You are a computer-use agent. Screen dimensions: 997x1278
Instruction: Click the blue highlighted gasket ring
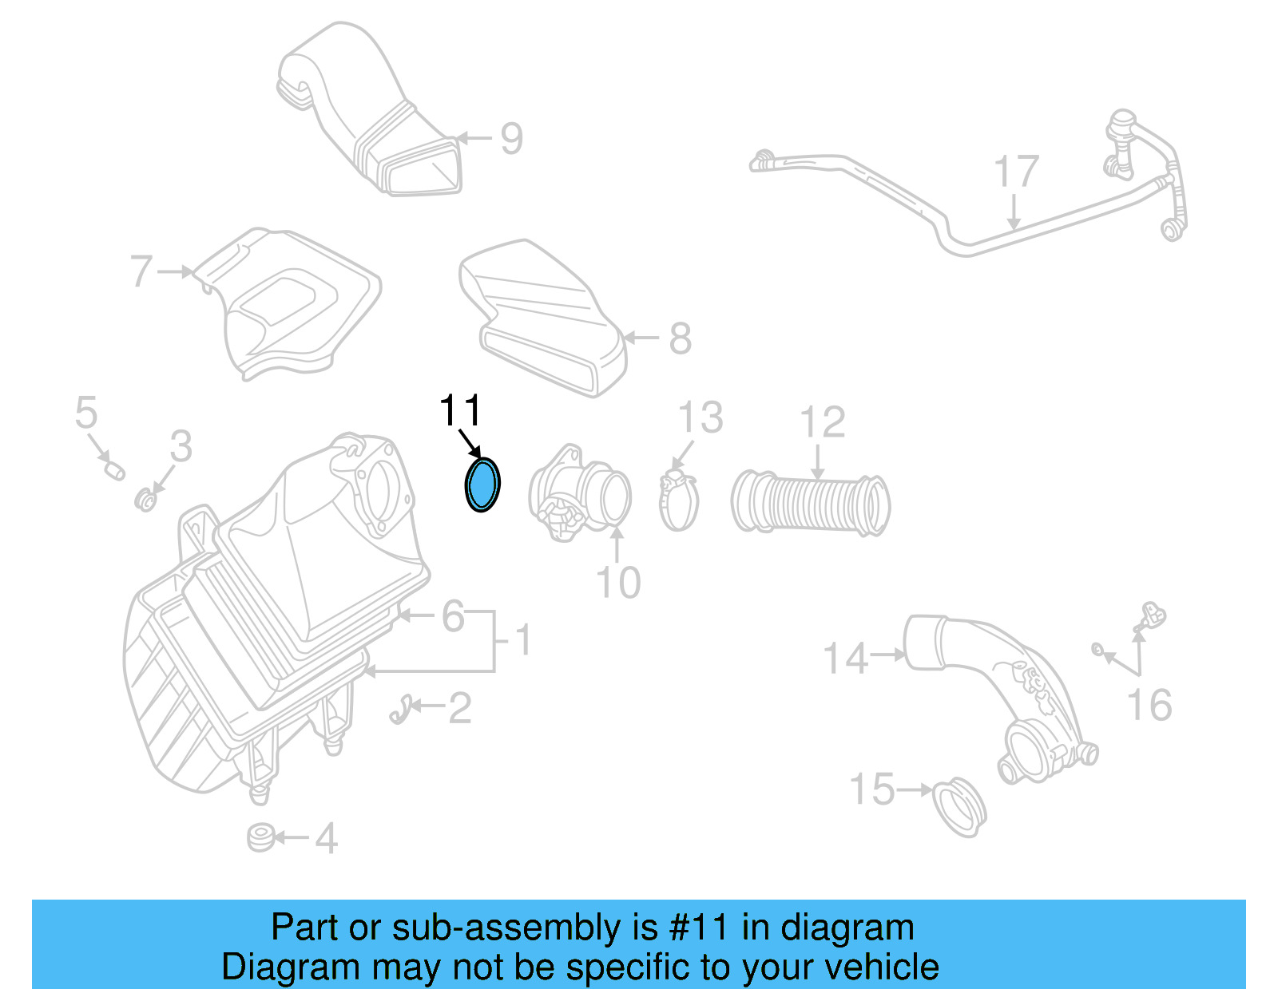482,485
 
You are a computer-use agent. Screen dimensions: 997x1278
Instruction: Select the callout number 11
460,411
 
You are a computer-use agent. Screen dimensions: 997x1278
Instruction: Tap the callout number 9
511,139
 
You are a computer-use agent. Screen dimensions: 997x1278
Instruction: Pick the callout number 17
1016,173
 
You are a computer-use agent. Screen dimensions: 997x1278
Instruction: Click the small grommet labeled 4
260,839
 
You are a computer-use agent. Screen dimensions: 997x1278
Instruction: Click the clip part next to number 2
401,709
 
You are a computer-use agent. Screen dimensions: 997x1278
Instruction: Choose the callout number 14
845,659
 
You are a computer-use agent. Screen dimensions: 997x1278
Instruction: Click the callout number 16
1149,706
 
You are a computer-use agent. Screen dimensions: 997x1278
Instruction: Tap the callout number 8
680,338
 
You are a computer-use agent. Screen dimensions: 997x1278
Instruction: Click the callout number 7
141,271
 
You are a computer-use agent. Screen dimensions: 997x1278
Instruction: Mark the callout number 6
453,615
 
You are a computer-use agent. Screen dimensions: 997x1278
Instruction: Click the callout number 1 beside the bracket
522,640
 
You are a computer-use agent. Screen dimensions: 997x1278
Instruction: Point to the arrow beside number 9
476,138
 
